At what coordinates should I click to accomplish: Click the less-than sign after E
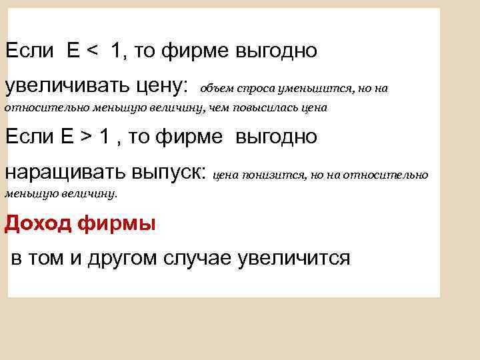93,51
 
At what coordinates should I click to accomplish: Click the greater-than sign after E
87,137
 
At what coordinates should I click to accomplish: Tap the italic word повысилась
267,107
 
